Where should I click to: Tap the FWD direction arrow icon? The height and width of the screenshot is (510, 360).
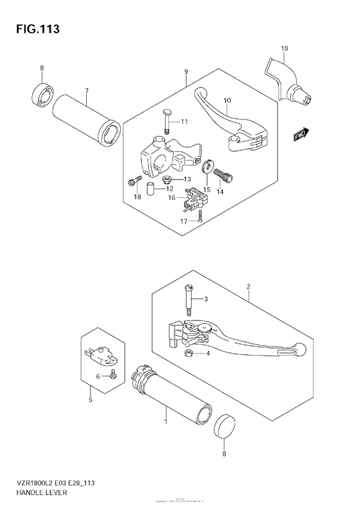click(x=301, y=134)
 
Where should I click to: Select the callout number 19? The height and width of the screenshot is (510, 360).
click(x=285, y=48)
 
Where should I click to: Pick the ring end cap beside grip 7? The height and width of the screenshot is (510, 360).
click(x=42, y=95)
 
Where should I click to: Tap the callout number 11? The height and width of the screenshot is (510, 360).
click(x=184, y=122)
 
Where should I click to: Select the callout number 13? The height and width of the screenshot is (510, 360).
click(x=188, y=179)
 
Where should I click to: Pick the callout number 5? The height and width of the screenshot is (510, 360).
click(x=91, y=400)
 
